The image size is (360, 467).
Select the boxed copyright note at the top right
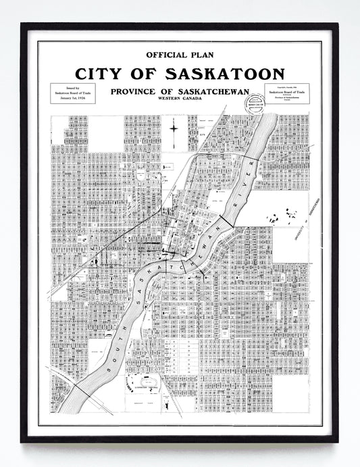click(x=286, y=94)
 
